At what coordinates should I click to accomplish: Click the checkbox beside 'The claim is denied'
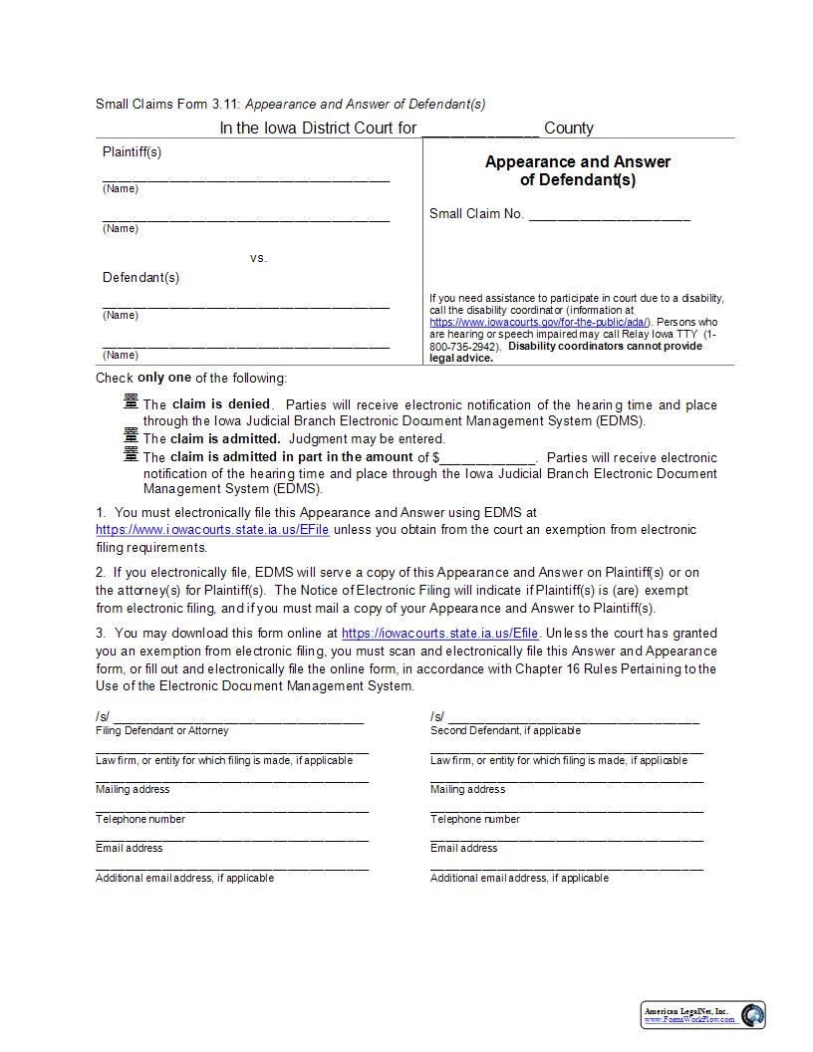click(x=130, y=401)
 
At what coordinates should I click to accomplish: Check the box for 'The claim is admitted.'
click(x=130, y=435)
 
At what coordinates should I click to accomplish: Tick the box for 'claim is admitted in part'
click(x=130, y=454)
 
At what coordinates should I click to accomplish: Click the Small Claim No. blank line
click(x=608, y=214)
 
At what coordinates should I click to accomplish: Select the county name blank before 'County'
click(x=479, y=129)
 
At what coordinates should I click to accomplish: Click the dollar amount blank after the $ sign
click(x=486, y=457)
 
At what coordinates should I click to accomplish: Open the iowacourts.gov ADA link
click(x=539, y=323)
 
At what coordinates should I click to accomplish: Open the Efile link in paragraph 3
click(x=439, y=634)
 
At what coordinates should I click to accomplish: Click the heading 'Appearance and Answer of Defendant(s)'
click(x=578, y=170)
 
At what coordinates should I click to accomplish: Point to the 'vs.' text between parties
click(x=258, y=258)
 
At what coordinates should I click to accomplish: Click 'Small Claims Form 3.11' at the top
click(x=166, y=104)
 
